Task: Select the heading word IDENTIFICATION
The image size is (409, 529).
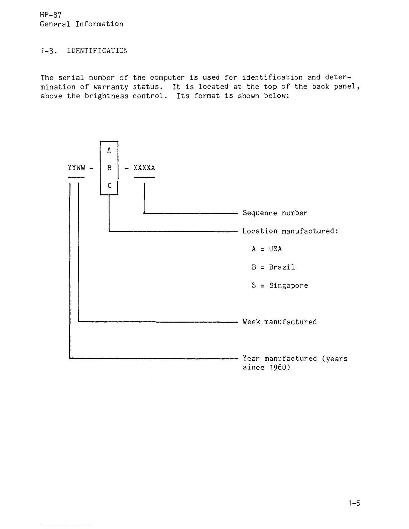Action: (x=97, y=51)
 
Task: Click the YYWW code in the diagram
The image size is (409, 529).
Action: (x=77, y=167)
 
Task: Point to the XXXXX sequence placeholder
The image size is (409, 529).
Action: (x=144, y=167)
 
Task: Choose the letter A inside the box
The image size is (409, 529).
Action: (x=109, y=150)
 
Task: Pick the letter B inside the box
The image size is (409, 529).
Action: (x=109, y=168)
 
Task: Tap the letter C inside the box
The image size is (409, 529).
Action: (x=109, y=186)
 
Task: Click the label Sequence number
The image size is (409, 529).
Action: (x=275, y=213)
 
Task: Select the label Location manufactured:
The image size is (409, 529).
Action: (x=290, y=231)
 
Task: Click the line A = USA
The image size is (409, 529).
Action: (x=267, y=249)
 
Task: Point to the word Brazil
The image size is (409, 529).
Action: (x=282, y=267)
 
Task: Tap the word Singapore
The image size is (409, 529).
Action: (x=288, y=286)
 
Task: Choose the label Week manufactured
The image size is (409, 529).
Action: (x=279, y=322)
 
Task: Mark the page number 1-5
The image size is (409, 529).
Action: (x=354, y=503)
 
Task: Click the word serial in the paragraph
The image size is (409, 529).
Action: (x=71, y=78)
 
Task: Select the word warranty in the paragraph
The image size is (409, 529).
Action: (x=111, y=87)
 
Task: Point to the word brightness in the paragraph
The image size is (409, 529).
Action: (x=106, y=96)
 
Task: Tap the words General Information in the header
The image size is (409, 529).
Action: (x=82, y=24)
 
